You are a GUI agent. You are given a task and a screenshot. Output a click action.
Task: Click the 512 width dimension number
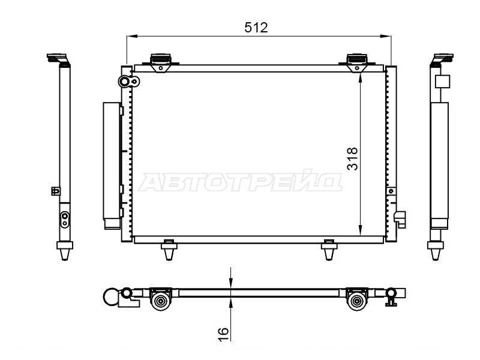tap(256, 28)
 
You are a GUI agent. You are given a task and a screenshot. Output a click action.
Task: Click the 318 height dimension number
tap(353, 158)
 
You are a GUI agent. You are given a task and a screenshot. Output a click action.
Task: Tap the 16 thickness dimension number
tap(223, 334)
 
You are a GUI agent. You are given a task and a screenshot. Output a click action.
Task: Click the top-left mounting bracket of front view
tap(161, 62)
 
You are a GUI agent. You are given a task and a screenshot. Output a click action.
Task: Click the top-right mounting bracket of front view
tap(357, 62)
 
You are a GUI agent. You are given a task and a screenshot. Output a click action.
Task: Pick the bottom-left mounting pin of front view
tap(169, 249)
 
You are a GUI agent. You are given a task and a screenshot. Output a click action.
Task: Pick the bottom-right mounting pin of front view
tap(329, 249)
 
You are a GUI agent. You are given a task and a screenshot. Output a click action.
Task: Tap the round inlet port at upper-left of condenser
tap(125, 81)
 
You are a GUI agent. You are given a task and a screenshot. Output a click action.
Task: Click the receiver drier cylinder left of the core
tap(111, 166)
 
